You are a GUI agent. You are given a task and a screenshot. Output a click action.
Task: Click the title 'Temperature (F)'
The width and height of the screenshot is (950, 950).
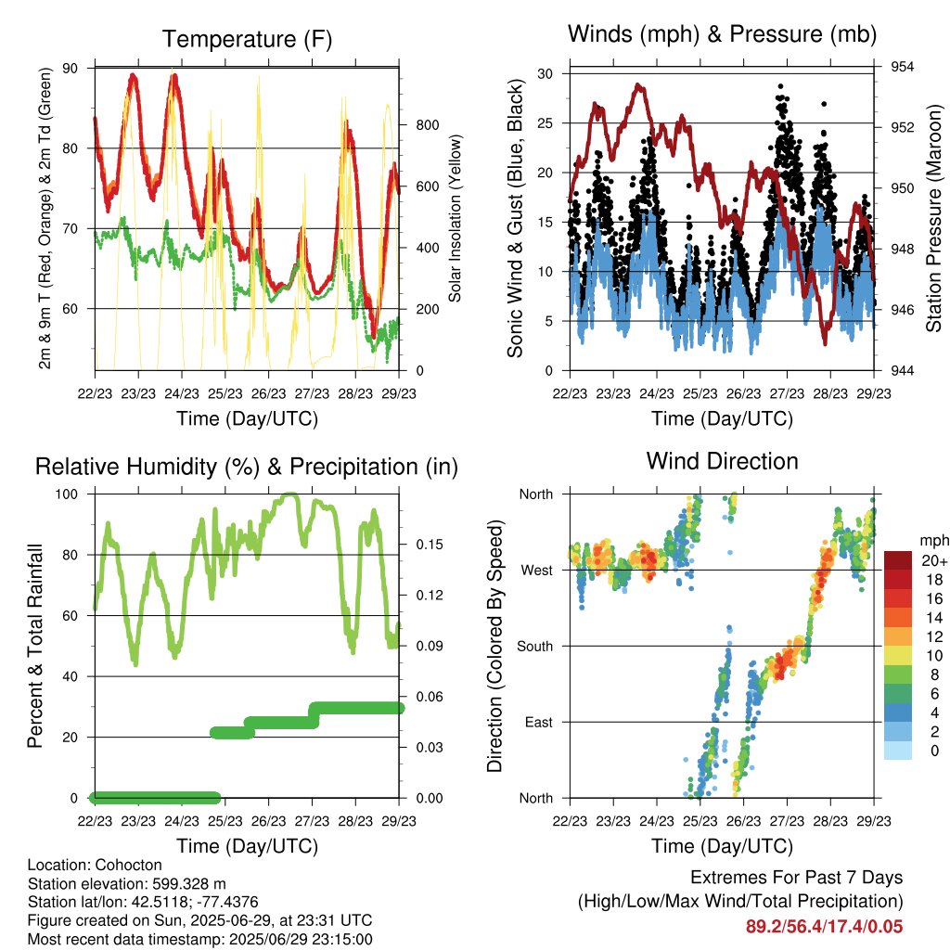point(247,39)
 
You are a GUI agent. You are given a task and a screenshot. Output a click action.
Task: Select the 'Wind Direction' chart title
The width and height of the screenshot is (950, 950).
point(722,461)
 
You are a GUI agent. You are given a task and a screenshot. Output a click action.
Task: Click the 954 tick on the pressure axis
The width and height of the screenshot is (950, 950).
point(902,67)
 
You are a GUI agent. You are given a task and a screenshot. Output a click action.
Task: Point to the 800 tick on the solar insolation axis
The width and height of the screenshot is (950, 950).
point(427,125)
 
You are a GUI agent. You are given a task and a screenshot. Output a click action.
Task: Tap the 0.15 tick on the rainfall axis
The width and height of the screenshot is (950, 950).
point(430,545)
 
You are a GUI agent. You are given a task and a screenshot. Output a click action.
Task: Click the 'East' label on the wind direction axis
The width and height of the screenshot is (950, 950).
point(539,722)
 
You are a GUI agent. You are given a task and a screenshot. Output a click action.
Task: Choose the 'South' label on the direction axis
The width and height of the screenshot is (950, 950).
point(535,647)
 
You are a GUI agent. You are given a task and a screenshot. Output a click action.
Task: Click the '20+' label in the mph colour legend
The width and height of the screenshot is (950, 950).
point(934,560)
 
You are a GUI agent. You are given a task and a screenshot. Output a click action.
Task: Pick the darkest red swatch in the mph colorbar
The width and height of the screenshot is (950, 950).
point(898,560)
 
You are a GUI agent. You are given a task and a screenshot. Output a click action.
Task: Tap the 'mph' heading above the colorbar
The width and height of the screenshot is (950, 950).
point(933,541)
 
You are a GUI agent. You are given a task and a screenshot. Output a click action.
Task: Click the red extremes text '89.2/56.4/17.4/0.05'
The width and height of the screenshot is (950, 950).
point(824,927)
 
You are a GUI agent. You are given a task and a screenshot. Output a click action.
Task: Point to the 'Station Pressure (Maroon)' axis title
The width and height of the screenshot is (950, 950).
point(933,218)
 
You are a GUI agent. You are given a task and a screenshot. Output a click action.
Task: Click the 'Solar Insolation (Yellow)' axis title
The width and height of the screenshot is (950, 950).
point(455,218)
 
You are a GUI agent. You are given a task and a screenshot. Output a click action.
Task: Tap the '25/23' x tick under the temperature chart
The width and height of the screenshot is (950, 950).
point(225,393)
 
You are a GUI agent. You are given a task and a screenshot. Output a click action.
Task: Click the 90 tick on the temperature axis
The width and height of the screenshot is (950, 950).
point(71,68)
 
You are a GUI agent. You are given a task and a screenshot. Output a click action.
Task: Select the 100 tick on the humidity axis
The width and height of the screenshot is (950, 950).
point(67,494)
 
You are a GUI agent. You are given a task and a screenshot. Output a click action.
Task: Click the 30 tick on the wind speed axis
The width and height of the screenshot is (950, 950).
point(546,74)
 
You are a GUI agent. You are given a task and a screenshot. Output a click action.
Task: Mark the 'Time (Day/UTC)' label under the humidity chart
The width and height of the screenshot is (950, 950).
point(247,846)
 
